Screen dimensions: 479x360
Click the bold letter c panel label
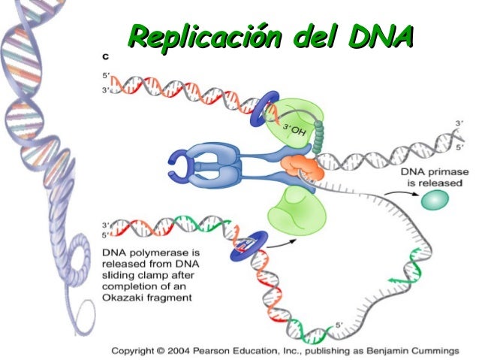pyautogui.click(x=106, y=57)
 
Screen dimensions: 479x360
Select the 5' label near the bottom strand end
pyautogui.click(x=339, y=325)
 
